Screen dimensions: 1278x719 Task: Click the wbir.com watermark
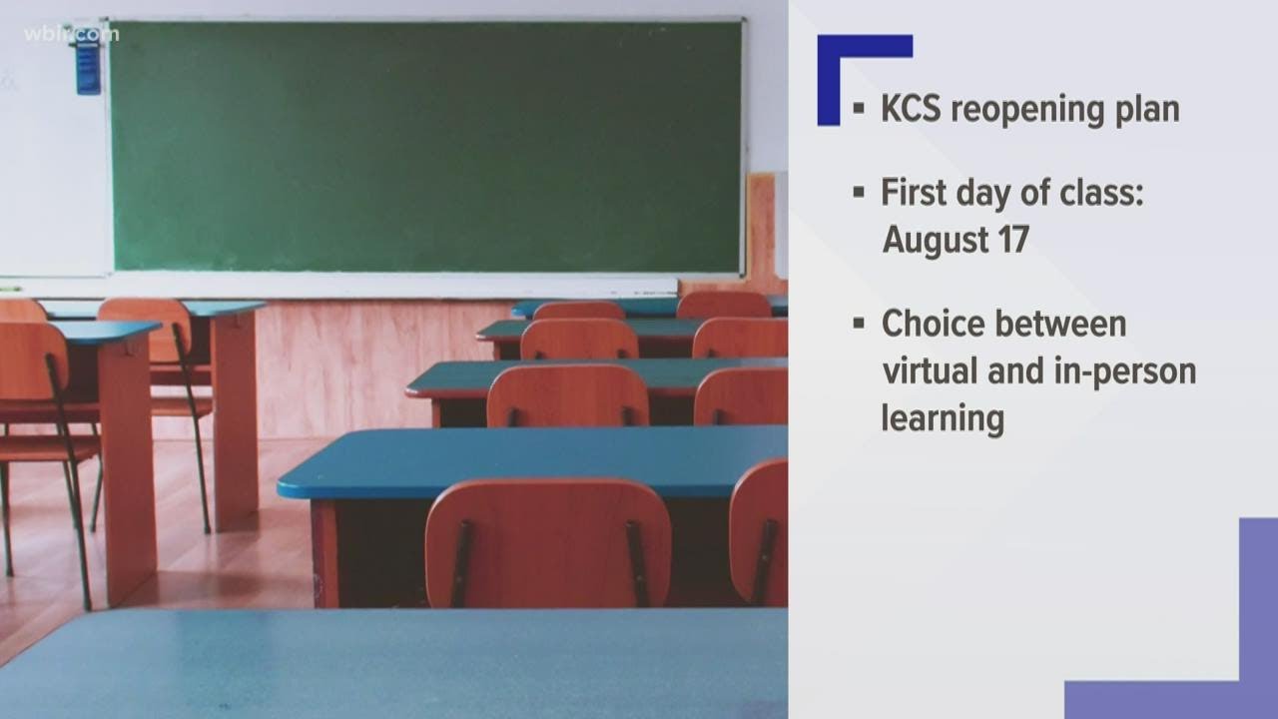click(x=72, y=34)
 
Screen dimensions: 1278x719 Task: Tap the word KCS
click(x=911, y=109)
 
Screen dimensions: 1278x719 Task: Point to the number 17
click(x=1013, y=239)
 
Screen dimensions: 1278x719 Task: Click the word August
click(x=936, y=241)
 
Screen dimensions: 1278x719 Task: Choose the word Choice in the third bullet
click(x=928, y=325)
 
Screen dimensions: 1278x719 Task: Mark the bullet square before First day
click(x=859, y=193)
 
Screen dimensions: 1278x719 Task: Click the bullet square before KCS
click(x=859, y=109)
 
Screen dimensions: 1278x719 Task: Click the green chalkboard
click(x=426, y=146)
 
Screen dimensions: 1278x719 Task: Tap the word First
click(x=914, y=193)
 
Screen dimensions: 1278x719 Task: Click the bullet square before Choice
click(x=859, y=324)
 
